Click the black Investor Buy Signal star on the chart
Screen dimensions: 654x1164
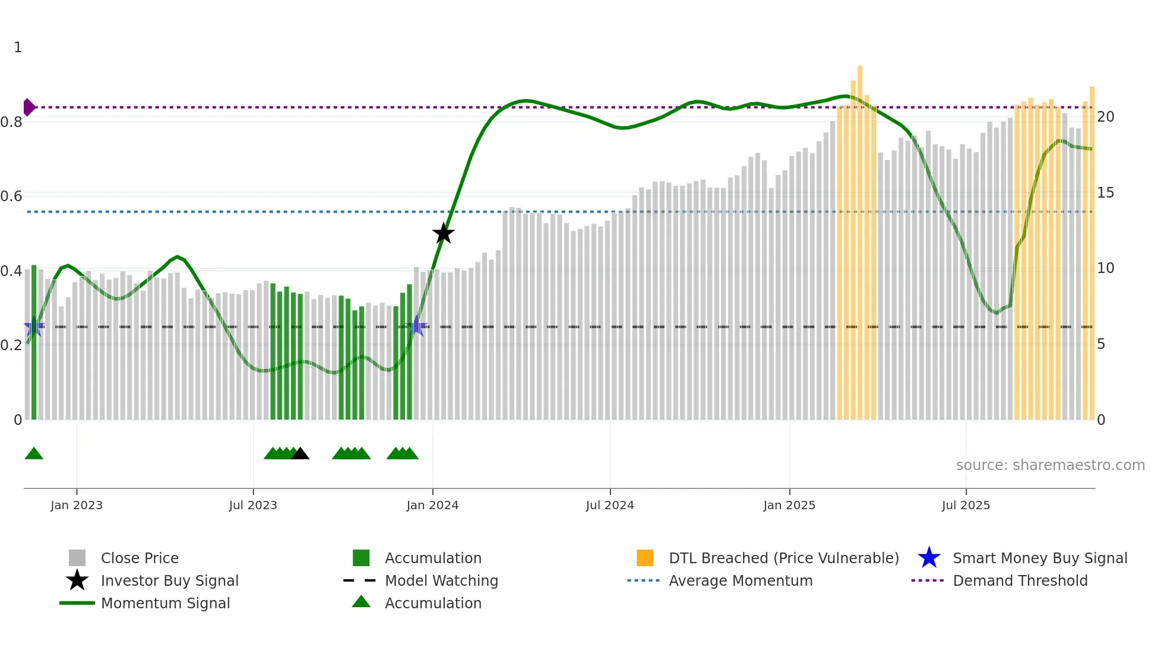coord(443,234)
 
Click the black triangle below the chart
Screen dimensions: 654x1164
coord(300,454)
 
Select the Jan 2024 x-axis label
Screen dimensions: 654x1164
coord(432,505)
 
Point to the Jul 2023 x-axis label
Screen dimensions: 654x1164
coord(253,505)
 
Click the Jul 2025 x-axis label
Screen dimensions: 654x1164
coord(966,505)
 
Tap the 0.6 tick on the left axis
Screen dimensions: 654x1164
coord(11,196)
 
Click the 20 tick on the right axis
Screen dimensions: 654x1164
coord(1105,117)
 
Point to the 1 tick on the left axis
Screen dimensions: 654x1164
coord(18,47)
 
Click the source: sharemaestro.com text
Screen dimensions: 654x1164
coord(1050,465)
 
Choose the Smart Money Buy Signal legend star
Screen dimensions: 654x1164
coord(929,558)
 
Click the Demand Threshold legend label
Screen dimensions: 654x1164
coord(1020,581)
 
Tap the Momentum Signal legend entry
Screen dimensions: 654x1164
coord(165,604)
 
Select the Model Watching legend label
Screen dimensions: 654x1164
coord(441,581)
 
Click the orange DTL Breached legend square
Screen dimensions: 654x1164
coord(645,558)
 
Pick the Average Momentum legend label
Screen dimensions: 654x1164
coord(741,581)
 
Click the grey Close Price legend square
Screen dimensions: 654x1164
coord(77,558)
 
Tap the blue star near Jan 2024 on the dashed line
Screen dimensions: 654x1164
coord(417,326)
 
